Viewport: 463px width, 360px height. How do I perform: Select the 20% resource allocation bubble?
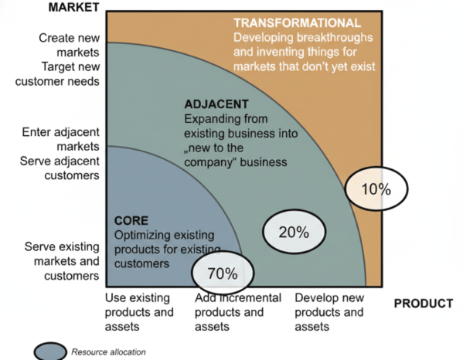point(294,231)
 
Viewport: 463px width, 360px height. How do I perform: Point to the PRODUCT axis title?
point(423,304)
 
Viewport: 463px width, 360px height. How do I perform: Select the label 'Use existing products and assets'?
point(139,312)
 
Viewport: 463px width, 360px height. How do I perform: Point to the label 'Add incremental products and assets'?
point(229,312)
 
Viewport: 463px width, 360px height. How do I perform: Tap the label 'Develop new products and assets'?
point(329,312)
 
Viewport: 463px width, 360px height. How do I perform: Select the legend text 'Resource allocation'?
point(107,352)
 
